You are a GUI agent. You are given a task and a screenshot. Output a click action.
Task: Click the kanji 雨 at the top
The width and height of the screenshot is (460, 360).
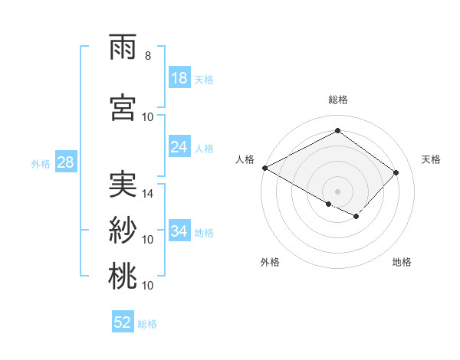(123, 48)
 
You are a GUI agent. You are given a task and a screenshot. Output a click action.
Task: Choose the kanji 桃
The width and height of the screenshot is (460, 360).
(123, 276)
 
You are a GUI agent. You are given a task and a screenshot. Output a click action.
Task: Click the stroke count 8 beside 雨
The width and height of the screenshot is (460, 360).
(147, 56)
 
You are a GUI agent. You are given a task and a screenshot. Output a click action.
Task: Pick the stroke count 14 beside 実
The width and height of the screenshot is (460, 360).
(148, 194)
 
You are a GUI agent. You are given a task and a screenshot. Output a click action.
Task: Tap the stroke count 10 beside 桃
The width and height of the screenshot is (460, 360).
(148, 285)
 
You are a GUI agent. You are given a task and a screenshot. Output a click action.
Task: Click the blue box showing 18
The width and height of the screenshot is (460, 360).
(179, 78)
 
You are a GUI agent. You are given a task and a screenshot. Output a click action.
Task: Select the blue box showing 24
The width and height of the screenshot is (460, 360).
(179, 147)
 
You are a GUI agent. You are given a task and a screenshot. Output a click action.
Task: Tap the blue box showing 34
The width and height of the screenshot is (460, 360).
(179, 231)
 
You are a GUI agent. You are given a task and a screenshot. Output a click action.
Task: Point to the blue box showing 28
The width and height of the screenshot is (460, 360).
(64, 162)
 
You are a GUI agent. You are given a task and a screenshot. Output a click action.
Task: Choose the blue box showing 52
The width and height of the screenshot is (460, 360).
(123, 322)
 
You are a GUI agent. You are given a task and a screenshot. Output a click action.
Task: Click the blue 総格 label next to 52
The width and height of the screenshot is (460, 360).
(147, 324)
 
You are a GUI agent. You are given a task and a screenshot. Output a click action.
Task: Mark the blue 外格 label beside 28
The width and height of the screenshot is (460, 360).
(41, 163)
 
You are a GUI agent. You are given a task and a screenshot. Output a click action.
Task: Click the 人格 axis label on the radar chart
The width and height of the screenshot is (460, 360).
(245, 159)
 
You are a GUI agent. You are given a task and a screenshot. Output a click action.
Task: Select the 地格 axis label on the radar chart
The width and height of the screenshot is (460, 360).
(402, 262)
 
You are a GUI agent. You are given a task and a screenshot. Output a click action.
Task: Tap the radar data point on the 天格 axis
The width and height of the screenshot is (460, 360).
(396, 172)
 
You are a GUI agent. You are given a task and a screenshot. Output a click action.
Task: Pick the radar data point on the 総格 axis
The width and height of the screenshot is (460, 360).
(337, 131)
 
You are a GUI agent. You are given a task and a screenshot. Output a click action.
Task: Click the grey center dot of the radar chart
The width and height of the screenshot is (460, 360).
(337, 190)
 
